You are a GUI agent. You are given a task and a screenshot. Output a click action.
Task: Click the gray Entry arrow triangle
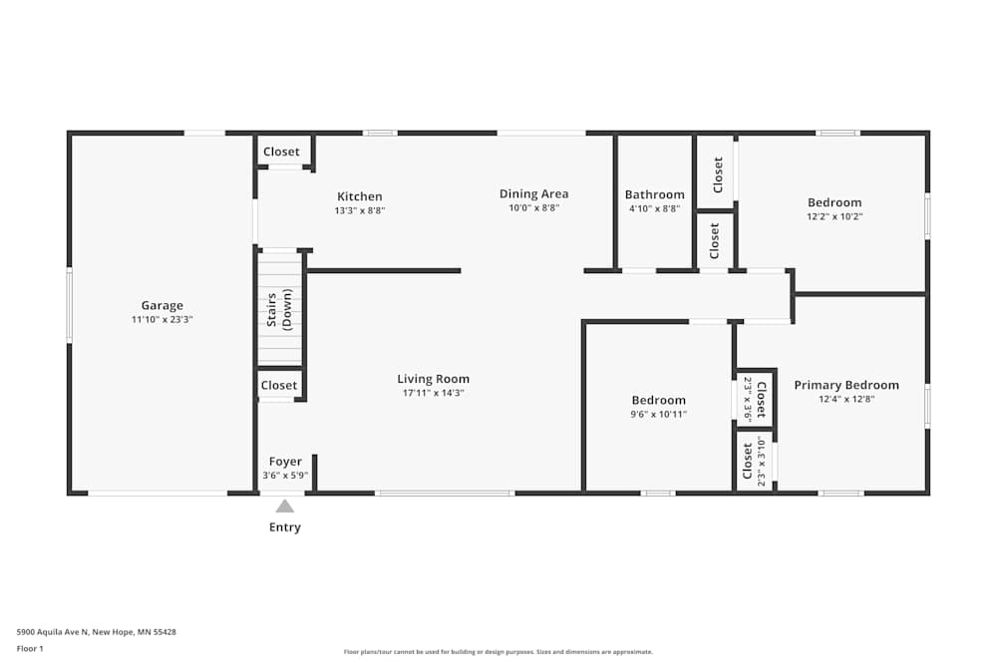(285, 506)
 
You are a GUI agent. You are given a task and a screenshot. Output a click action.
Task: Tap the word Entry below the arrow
(285, 527)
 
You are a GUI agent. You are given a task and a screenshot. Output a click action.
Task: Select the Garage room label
(163, 306)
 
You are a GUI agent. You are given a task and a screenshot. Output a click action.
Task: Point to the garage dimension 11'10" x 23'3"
(163, 320)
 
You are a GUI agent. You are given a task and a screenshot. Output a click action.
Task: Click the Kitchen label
(360, 196)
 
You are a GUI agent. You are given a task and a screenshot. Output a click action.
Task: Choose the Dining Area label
(534, 193)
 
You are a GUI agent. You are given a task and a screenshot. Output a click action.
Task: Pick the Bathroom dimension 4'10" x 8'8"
(655, 208)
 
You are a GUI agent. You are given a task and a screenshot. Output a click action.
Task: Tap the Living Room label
(434, 379)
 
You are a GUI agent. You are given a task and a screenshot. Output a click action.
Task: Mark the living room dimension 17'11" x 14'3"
(434, 393)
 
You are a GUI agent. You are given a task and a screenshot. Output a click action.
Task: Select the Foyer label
(285, 462)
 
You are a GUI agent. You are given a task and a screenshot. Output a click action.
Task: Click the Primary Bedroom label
(846, 385)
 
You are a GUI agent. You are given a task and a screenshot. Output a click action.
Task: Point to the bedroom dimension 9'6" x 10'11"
(659, 415)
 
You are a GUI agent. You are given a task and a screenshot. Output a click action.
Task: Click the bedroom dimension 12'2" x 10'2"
(834, 216)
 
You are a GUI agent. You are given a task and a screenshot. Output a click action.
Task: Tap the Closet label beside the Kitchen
(282, 152)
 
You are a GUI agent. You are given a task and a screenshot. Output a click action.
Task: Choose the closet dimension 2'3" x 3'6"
(749, 400)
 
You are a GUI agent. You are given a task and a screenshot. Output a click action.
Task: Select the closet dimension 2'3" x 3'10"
(762, 461)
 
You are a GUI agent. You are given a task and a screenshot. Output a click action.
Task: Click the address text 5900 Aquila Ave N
(53, 632)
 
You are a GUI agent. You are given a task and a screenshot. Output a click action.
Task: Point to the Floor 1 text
(30, 648)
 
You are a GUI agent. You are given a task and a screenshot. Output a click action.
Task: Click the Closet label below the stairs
(279, 385)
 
